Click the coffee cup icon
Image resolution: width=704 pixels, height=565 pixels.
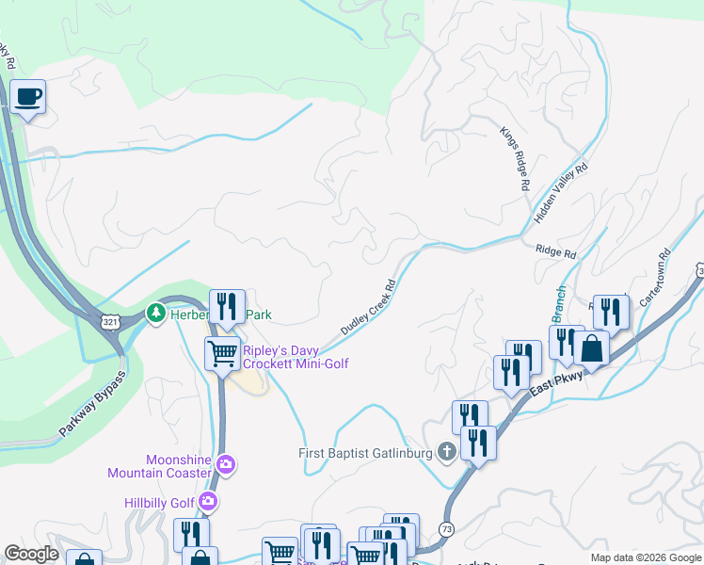(x=28, y=95)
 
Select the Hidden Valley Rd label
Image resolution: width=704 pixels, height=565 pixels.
(x=561, y=192)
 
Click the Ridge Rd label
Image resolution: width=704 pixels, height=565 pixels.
(x=554, y=252)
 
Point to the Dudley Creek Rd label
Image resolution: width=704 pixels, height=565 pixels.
(x=367, y=308)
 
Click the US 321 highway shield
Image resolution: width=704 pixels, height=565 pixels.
(x=111, y=322)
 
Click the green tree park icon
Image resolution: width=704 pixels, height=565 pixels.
(x=154, y=312)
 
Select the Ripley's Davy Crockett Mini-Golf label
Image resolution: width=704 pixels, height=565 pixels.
(x=296, y=357)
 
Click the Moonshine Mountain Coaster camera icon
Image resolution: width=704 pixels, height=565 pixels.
(x=225, y=463)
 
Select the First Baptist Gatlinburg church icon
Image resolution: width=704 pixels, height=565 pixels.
(x=446, y=453)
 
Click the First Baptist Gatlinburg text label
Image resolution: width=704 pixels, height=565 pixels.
(x=365, y=454)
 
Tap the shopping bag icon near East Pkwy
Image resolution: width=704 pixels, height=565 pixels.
(x=592, y=348)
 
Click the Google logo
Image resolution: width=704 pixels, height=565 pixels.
(x=32, y=555)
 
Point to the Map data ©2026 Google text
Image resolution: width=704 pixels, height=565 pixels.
(x=645, y=557)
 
